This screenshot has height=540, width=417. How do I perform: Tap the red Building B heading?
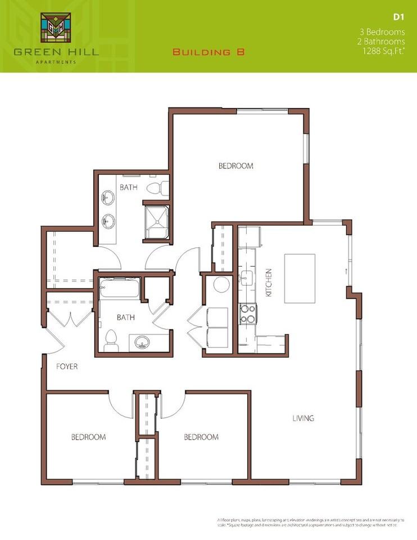coord(208,52)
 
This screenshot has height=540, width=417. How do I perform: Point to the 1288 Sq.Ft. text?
coord(384,51)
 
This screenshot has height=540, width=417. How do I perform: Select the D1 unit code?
coord(400,17)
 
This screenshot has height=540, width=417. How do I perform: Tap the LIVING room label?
coord(303,418)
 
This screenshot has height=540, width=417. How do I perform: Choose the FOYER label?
coord(67,367)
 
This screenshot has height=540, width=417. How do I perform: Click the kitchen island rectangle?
coord(300,278)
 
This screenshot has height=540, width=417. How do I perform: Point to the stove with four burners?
coord(248,314)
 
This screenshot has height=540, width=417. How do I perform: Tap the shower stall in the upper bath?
coord(157,220)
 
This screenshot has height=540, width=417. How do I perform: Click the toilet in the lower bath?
coord(111,339)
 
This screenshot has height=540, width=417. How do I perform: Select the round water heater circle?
coord(220,285)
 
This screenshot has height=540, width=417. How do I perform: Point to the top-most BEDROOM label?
coord(235,166)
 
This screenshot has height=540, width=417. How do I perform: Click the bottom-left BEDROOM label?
coord(88,437)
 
